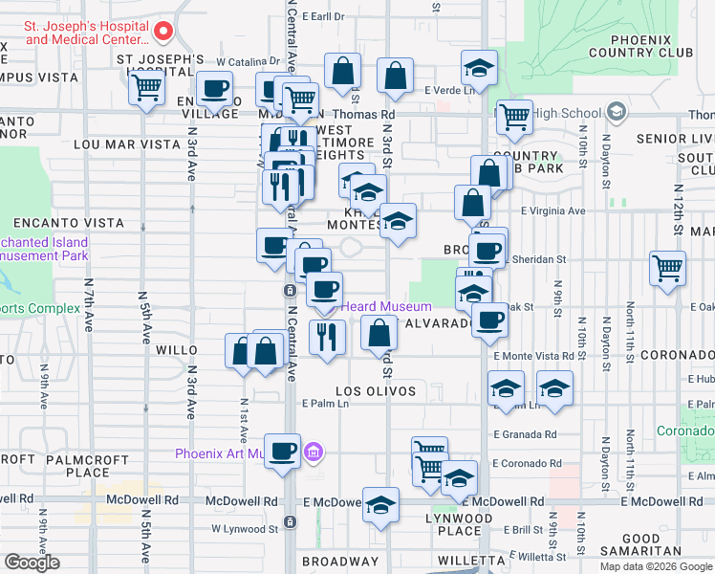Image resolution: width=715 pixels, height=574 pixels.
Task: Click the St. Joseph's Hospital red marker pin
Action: tap(162, 32)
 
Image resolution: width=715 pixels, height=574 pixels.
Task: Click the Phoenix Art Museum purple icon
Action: tap(313, 452)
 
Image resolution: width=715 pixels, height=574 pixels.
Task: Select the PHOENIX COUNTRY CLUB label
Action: tap(655, 47)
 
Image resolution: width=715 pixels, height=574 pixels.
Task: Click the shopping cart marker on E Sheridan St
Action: tap(667, 269)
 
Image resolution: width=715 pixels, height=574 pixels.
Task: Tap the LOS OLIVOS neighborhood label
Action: tap(376, 391)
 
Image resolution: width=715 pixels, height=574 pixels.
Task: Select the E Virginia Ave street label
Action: tap(552, 210)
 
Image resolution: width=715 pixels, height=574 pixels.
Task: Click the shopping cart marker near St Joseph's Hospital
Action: tap(146, 88)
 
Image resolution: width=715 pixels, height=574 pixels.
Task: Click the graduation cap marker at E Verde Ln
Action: tap(479, 68)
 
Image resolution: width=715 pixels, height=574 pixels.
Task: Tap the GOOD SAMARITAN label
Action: tap(655, 545)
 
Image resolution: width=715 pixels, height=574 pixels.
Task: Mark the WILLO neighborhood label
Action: tap(178, 351)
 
